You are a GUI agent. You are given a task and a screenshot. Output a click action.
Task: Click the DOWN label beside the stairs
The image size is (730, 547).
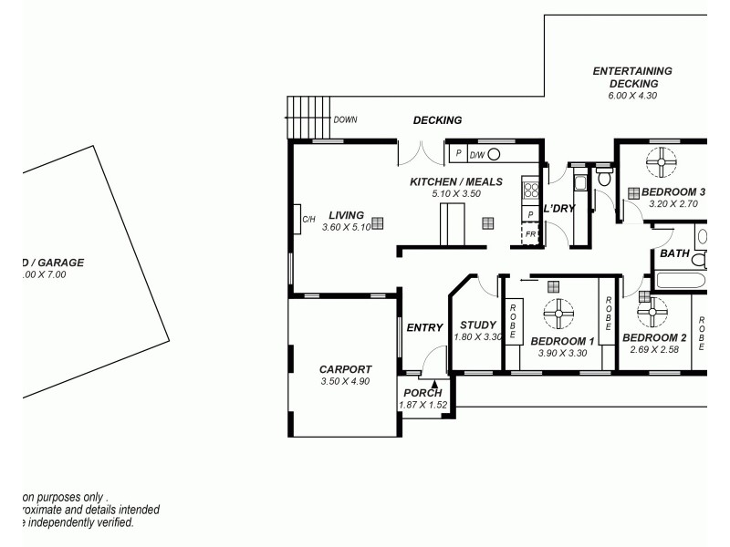click(345, 119)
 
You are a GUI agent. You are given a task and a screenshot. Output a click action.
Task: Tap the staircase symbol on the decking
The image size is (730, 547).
click(308, 117)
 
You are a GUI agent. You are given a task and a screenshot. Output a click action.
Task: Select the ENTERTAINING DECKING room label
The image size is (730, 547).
click(632, 77)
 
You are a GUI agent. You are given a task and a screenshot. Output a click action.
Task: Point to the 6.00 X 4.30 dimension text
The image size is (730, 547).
click(632, 95)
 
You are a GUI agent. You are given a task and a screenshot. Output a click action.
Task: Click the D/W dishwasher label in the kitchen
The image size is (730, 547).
click(476, 154)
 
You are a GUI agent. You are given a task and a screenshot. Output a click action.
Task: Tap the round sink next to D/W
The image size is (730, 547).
click(494, 154)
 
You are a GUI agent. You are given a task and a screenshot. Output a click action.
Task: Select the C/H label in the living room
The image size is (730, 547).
click(308, 219)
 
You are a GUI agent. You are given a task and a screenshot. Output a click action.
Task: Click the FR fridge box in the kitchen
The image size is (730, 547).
click(530, 234)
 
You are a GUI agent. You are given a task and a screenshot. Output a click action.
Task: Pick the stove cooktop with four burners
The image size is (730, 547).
click(530, 192)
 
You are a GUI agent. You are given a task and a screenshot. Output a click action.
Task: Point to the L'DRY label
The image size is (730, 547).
click(558, 209)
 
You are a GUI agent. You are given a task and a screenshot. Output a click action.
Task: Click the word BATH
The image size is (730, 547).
click(674, 253)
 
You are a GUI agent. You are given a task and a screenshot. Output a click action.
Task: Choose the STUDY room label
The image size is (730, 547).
click(477, 325)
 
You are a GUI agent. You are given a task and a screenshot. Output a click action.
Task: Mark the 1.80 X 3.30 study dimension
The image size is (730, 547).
click(477, 337)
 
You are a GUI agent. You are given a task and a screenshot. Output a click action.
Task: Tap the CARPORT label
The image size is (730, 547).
click(345, 369)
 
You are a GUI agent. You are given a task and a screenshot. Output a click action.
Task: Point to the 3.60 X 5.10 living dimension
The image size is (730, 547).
click(346, 227)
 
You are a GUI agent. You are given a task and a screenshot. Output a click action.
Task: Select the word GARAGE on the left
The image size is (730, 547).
click(58, 263)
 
